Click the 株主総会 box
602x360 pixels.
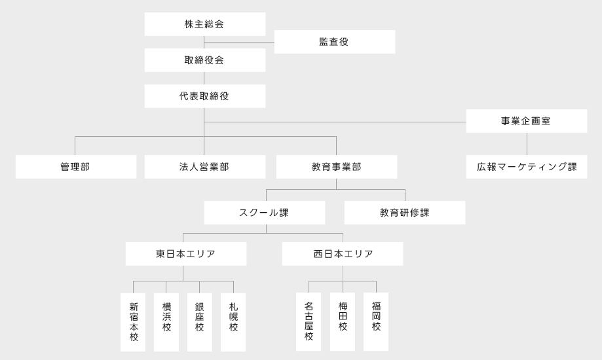coord(205,24)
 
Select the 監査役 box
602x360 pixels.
coord(335,42)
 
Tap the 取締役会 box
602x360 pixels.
coord(205,60)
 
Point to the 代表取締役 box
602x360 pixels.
coord(205,96)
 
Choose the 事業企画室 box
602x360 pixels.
coord(527,121)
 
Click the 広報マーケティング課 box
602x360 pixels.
coord(527,167)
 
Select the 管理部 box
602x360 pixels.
coord(76,167)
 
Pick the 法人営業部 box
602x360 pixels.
coord(205,167)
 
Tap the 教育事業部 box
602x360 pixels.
coord(337,167)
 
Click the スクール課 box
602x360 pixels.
coord(265,213)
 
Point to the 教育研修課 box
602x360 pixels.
coord(405,213)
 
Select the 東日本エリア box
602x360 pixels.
coord(186,254)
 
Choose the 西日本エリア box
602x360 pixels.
coord(343,254)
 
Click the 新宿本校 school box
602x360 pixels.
coord(133,323)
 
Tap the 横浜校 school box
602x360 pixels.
coord(166,323)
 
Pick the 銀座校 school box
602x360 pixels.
coord(200,323)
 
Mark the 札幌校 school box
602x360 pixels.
coord(233,323)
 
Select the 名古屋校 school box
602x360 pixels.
coord(309,321)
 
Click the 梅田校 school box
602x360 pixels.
coord(343,321)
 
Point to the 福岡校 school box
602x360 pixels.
coord(376,321)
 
